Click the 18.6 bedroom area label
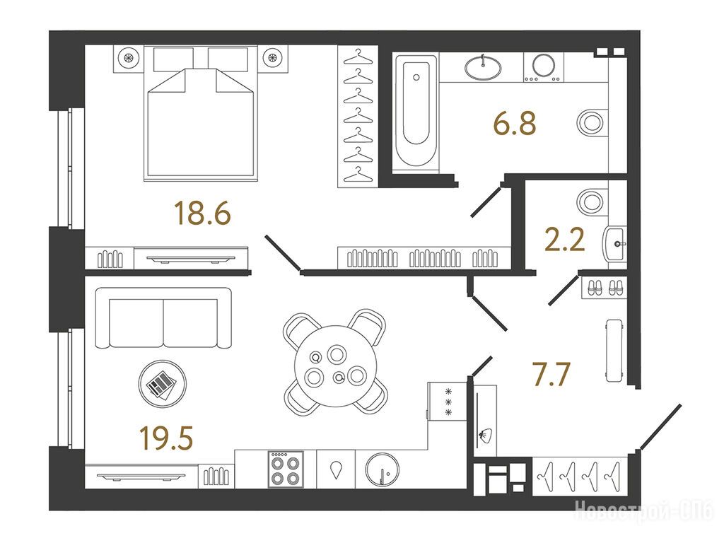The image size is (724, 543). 203,214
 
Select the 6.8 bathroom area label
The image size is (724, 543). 515,124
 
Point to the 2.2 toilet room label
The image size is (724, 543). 565,240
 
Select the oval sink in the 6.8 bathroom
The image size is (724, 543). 483,68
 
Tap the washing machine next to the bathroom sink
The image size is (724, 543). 544,67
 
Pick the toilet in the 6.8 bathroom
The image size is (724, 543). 592,123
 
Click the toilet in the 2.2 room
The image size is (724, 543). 592,202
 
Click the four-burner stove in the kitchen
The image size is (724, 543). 286,469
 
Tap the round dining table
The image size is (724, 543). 336,366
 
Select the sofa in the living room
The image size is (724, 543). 163,317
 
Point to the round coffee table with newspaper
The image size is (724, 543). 163,384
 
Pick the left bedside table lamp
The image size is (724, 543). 129,58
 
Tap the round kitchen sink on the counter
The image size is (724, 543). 382,469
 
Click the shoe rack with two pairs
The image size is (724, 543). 602,287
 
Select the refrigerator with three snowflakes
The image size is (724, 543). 447,401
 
